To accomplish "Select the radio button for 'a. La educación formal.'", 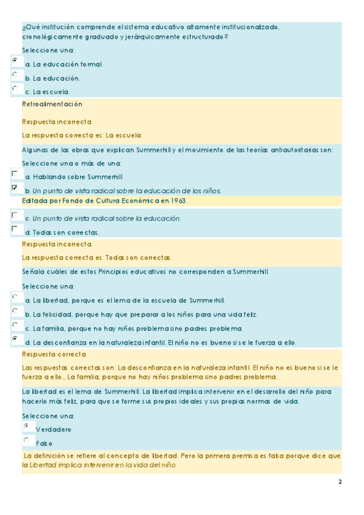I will tap(15, 60).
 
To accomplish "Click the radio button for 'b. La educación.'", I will tap(15, 74).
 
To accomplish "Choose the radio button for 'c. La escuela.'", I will tap(15, 88).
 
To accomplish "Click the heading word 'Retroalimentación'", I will tap(52, 104).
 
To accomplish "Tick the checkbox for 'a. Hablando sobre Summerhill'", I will tap(15, 174).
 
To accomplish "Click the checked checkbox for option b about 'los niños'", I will tap(15, 188).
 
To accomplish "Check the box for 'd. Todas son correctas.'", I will tap(15, 229).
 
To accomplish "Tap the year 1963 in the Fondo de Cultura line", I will tap(177, 200).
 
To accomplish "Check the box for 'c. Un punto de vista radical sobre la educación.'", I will tap(15, 215).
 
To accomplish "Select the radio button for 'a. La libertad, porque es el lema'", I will tap(15, 296).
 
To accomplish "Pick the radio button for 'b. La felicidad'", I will tap(15, 311).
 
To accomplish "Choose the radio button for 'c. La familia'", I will tap(15, 325).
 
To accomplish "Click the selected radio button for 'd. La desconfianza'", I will tap(15, 339).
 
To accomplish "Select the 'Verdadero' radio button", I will tap(26, 426).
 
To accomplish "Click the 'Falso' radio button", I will tap(26, 440).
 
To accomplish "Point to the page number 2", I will tap(340, 482).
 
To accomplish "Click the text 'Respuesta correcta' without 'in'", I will tap(54, 354).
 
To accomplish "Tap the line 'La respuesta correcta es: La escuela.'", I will tap(82, 135).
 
